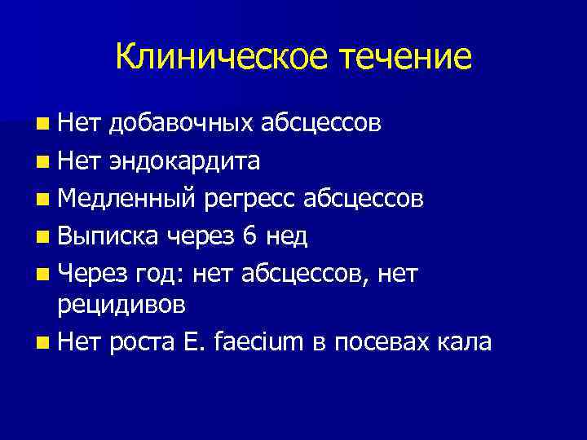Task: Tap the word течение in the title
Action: click(x=406, y=56)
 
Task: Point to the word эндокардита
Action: click(x=183, y=161)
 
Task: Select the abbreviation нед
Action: click(x=288, y=236)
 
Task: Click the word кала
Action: click(x=465, y=342)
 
